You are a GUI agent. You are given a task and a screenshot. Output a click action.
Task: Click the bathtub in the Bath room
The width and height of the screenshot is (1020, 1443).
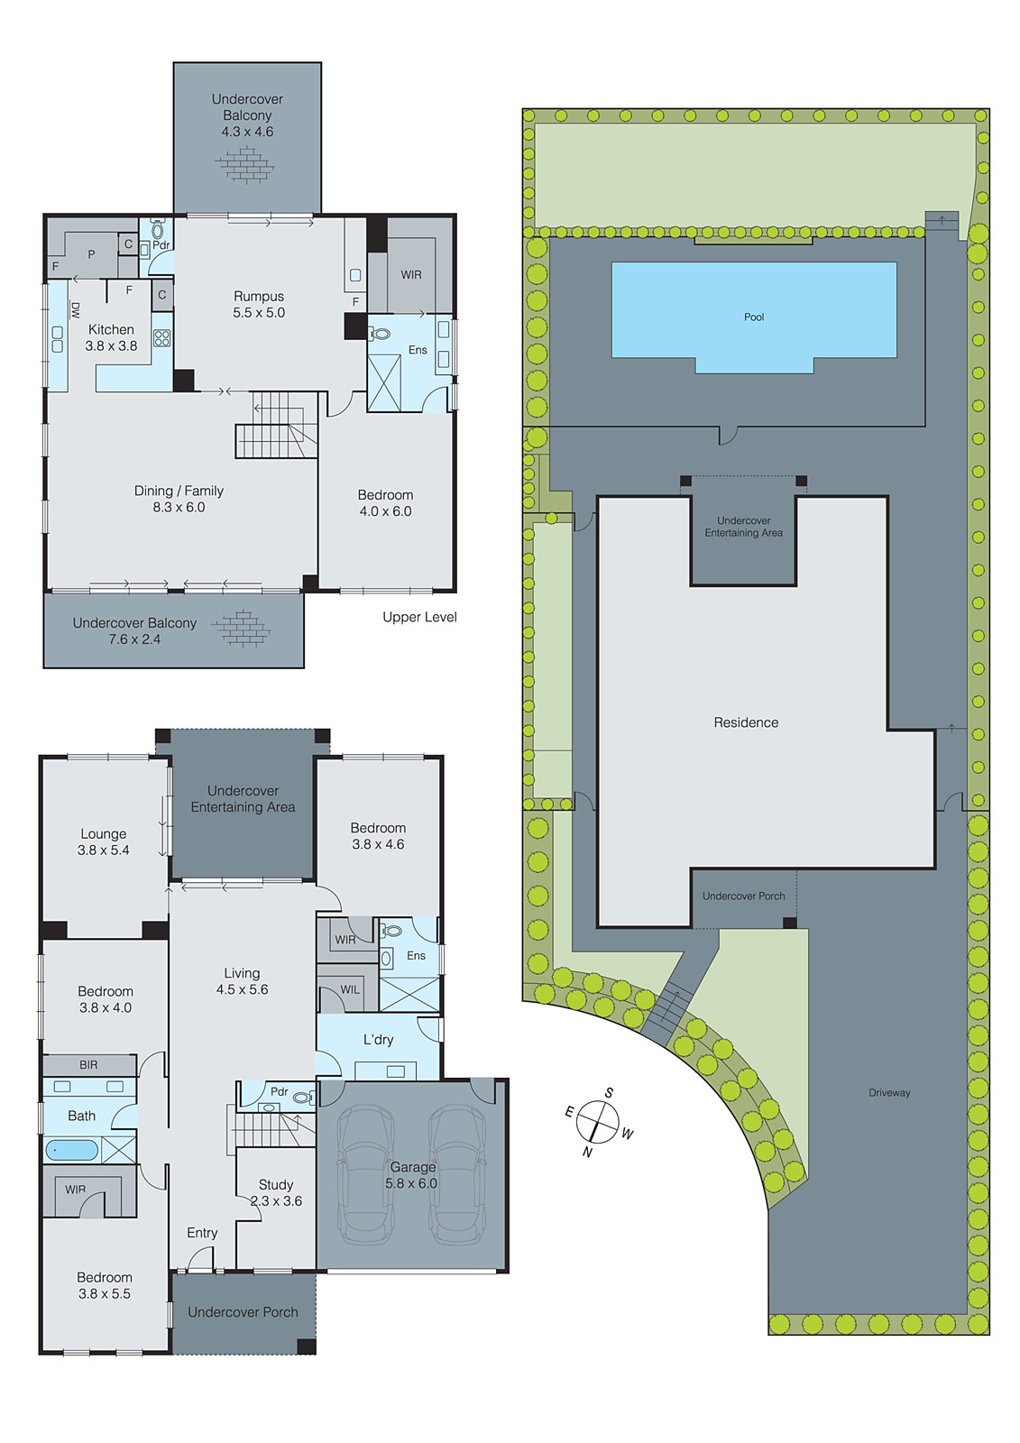pyautogui.click(x=72, y=1150)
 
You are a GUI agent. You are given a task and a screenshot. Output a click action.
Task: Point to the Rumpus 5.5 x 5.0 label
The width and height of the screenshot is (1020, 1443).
pyautogui.click(x=259, y=304)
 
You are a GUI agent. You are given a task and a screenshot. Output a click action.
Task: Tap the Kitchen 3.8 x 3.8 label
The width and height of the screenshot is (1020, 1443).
pyautogui.click(x=111, y=337)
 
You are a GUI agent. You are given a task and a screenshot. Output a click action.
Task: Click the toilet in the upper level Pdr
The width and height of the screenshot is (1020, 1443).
pyautogui.click(x=158, y=230)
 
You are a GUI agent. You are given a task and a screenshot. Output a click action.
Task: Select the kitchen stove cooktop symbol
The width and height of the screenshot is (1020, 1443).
pyautogui.click(x=162, y=338)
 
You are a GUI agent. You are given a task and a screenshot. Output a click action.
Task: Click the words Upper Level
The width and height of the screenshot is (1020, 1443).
pyautogui.click(x=419, y=617)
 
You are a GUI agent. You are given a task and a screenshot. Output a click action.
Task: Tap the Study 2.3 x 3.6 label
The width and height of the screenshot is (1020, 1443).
pyautogui.click(x=276, y=1192)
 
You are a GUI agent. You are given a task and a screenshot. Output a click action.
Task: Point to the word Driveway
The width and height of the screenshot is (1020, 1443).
pyautogui.click(x=889, y=1092)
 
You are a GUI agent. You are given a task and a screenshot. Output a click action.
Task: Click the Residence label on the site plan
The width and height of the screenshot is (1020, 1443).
pyautogui.click(x=746, y=722)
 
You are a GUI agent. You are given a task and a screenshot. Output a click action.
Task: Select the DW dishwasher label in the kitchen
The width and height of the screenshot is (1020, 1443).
pyautogui.click(x=75, y=310)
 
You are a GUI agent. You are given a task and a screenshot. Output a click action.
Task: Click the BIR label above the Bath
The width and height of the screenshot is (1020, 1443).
pyautogui.click(x=88, y=1065)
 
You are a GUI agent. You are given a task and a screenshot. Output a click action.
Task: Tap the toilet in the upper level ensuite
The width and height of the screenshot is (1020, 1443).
pyautogui.click(x=380, y=334)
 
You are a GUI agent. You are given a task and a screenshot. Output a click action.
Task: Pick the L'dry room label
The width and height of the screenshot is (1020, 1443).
pyautogui.click(x=379, y=1039)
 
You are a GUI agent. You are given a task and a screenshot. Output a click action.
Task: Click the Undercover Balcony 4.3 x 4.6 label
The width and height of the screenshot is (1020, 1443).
pyautogui.click(x=247, y=115)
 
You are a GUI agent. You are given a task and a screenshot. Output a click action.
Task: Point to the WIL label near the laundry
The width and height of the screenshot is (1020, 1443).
pyautogui.click(x=350, y=989)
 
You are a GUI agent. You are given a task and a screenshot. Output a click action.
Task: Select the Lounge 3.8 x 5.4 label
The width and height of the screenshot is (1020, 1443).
pyautogui.click(x=104, y=841)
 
